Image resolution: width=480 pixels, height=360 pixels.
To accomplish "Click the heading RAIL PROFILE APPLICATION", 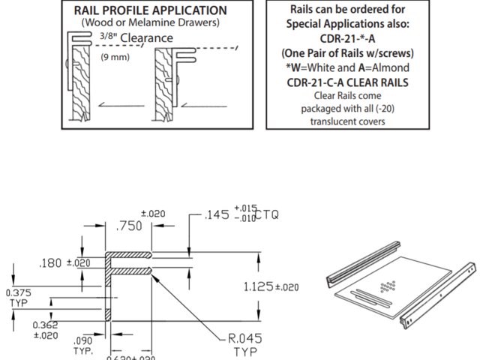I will [150, 11].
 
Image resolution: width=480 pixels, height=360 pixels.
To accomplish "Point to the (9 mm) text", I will [115, 56].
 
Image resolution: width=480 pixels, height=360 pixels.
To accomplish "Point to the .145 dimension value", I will [216, 216].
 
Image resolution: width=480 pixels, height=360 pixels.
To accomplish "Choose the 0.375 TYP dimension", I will [19, 298].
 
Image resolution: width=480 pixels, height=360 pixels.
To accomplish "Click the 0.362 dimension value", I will [46, 325].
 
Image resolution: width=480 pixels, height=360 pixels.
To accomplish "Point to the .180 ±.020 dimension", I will [64, 262].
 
